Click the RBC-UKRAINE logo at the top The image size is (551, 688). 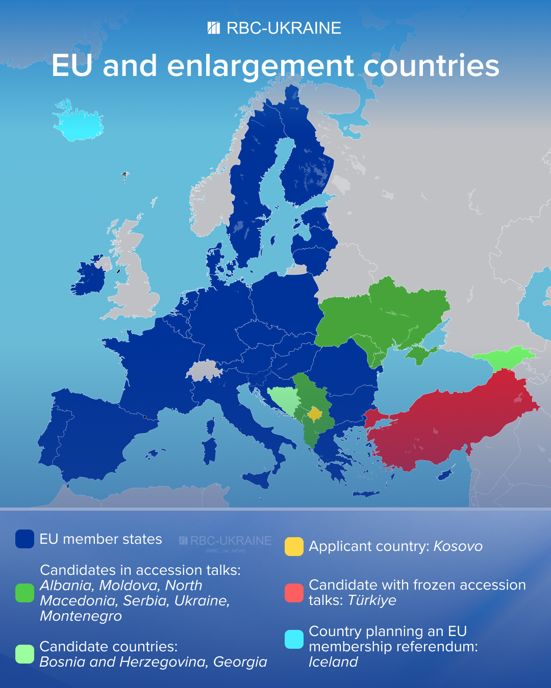[274, 28]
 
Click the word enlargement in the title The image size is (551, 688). [260, 66]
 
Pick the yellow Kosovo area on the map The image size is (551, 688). [315, 414]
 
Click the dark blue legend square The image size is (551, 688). [24, 539]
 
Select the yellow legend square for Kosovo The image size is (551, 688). [294, 546]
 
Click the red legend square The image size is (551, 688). [294, 593]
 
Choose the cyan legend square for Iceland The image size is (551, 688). [294, 639]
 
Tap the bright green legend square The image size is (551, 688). [24, 593]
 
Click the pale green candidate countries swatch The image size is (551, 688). [24, 654]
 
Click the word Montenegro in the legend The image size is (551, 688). [81, 616]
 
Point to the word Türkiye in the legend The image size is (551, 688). [372, 600]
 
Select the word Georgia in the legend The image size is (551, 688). [240, 662]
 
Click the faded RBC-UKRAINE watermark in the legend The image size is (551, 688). [226, 541]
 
